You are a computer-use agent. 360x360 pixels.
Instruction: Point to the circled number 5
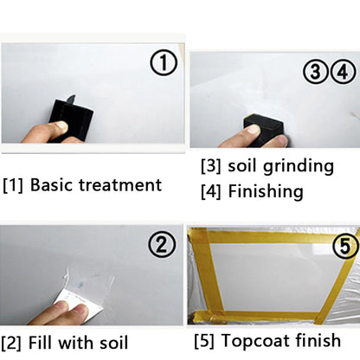click(344, 247)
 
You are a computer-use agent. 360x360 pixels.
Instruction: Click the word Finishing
click(266, 190)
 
